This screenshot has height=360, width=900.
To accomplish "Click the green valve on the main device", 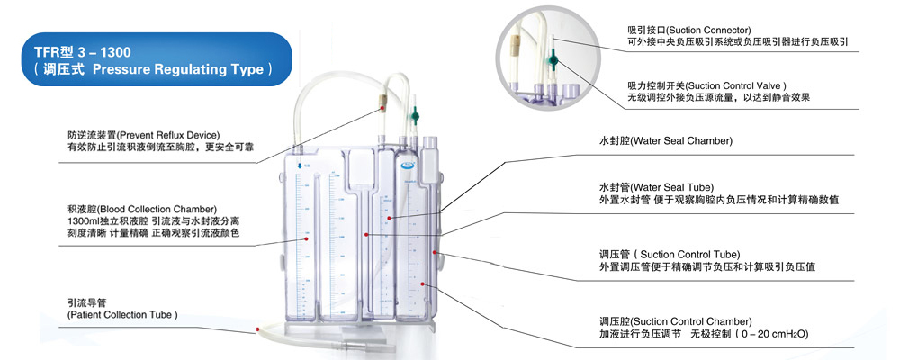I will (x=415, y=114).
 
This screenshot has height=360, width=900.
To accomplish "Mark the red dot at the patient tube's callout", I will (x=258, y=329).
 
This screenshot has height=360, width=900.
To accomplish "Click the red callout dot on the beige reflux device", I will (x=383, y=107).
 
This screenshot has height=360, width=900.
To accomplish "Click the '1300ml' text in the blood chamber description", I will (x=85, y=220).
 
